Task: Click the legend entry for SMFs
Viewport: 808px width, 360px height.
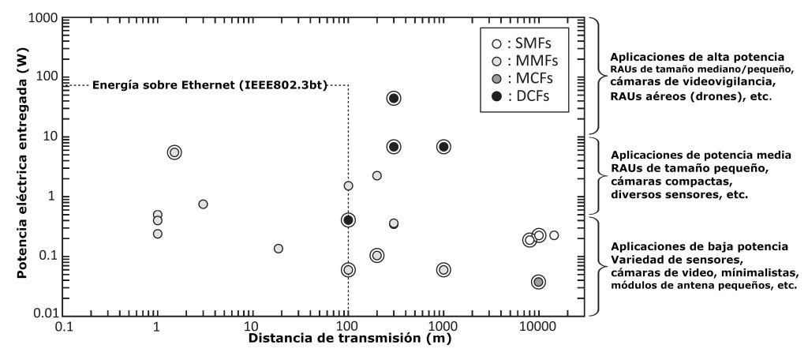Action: pos(521,45)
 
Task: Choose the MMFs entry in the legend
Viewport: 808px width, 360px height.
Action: pos(521,62)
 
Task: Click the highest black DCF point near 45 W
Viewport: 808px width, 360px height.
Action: pos(394,98)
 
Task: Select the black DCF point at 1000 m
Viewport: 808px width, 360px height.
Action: pos(443,147)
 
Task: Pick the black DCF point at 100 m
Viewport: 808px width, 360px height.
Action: pos(348,220)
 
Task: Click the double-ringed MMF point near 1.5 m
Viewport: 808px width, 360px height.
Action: pos(174,152)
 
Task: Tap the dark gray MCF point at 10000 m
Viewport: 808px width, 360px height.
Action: pos(538,282)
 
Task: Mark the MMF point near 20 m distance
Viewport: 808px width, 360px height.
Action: pos(278,249)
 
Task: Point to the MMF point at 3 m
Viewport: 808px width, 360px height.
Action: pos(203,204)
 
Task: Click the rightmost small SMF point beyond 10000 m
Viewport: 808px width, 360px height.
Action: pos(554,235)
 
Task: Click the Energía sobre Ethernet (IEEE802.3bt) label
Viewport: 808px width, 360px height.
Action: pos(209,84)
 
